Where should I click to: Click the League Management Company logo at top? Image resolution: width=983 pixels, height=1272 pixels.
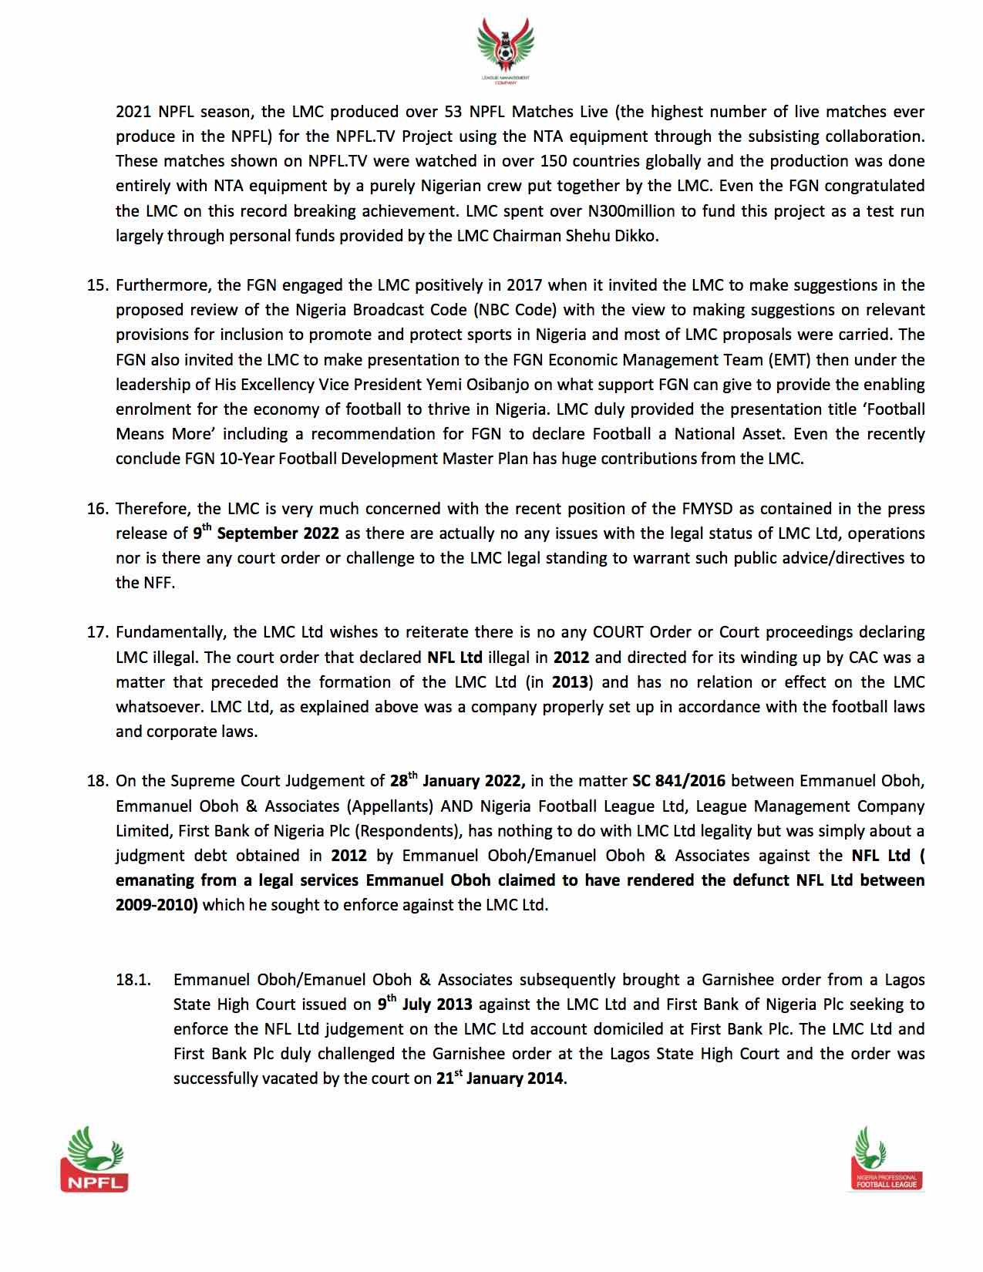(x=505, y=52)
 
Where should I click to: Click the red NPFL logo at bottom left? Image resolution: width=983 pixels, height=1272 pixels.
(x=94, y=1158)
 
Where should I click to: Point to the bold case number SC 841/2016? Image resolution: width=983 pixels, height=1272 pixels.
(x=678, y=781)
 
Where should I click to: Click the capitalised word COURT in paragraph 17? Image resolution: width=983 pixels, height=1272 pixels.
(x=618, y=632)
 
